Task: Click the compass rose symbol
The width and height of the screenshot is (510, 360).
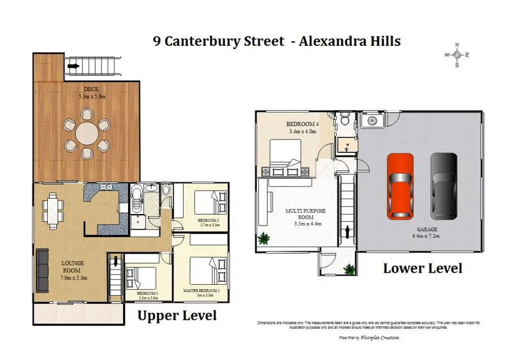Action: click(x=456, y=55)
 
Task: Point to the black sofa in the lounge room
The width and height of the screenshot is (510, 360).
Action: click(x=43, y=270)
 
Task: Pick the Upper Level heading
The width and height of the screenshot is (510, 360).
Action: click(x=177, y=315)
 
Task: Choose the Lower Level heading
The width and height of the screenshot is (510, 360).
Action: click(x=422, y=268)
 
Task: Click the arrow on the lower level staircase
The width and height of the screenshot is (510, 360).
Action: click(x=347, y=231)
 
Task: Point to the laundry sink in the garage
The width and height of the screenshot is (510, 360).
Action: click(x=368, y=121)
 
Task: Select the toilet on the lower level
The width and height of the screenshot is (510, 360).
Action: click(x=344, y=118)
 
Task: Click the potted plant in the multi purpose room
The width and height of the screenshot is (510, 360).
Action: click(x=263, y=239)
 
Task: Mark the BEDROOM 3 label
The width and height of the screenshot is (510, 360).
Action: click(x=148, y=294)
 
